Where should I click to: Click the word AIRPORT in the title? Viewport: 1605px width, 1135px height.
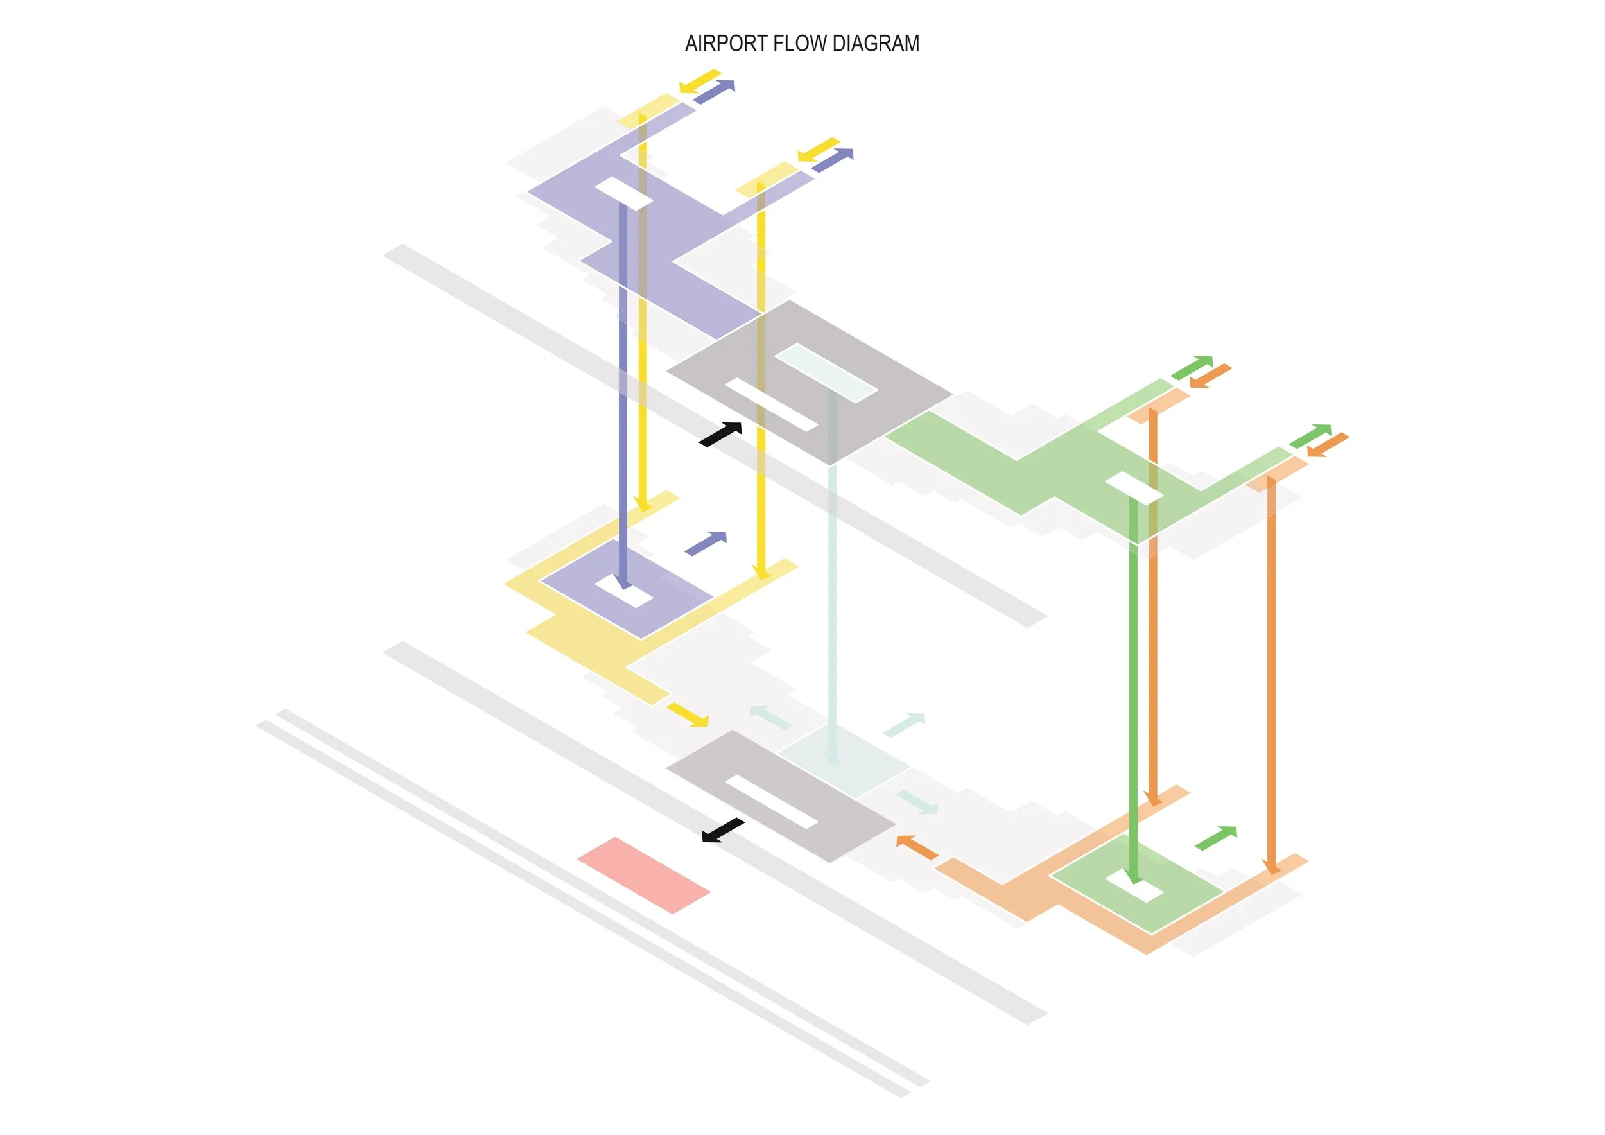pyautogui.click(x=725, y=43)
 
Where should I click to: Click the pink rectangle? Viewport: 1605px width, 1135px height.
pyautogui.click(x=643, y=875)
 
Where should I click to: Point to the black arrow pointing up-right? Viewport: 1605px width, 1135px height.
pyautogui.click(x=721, y=434)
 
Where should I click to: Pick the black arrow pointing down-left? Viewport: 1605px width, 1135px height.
pyautogui.click(x=723, y=831)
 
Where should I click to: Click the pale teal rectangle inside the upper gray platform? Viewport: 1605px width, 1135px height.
pyautogui.click(x=826, y=372)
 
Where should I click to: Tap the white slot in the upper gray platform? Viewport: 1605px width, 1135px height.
pyautogui.click(x=771, y=404)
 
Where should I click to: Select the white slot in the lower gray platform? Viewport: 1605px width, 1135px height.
pyautogui.click(x=771, y=801)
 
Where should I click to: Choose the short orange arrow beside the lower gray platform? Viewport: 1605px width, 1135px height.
pyautogui.click(x=916, y=847)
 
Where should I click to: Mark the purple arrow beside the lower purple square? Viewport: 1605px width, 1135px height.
pyautogui.click(x=706, y=543)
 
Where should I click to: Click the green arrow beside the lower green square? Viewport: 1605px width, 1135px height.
pyautogui.click(x=1216, y=838)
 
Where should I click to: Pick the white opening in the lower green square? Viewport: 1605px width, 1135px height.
pyautogui.click(x=1142, y=889)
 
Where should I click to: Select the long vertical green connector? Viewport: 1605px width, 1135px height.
pyautogui.click(x=1133, y=685)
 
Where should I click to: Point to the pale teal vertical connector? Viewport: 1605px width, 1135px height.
pyautogui.click(x=832, y=594)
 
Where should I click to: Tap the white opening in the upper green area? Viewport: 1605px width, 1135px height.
pyautogui.click(x=1133, y=488)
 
